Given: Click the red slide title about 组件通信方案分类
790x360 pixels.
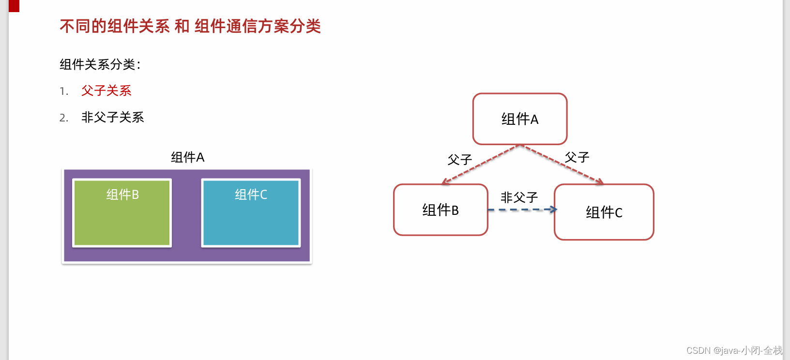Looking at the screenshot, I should (190, 26).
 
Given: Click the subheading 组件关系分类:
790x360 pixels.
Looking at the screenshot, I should (100, 64).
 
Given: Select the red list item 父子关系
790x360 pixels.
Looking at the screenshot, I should (106, 90).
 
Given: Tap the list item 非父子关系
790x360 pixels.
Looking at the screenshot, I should (113, 117).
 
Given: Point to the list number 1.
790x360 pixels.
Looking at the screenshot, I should (63, 91).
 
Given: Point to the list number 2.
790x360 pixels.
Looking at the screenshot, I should (63, 118).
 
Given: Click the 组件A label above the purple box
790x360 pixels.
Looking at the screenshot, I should (188, 157).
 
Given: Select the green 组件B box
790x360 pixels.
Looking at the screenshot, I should (122, 213).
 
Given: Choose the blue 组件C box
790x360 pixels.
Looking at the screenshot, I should (251, 213).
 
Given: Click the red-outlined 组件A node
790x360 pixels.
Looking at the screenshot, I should (520, 119).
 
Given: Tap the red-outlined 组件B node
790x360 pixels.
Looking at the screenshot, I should (441, 210).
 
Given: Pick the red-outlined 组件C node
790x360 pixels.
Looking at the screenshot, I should (604, 212).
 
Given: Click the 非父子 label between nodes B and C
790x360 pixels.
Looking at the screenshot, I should (519, 197).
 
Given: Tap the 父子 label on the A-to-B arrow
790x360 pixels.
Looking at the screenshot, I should (460, 160).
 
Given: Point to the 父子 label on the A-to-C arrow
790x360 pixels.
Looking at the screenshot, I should (577, 157).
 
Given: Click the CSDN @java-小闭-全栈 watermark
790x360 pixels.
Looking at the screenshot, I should (734, 350).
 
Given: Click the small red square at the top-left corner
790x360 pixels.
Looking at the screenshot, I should (14, 6).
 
